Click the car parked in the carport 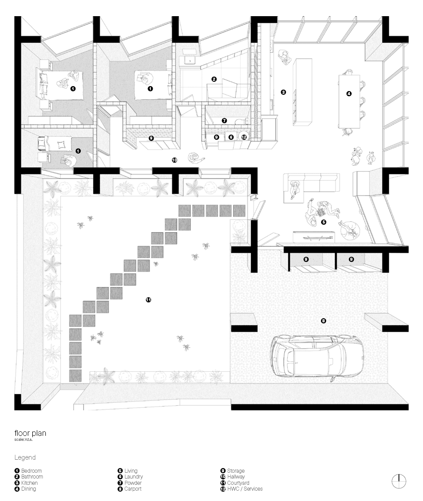[x=317, y=357]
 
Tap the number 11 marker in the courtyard [x=148, y=300]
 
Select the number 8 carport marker [x=323, y=321]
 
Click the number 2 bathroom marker [x=214, y=79]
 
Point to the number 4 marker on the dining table [x=349, y=94]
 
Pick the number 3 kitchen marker [x=283, y=92]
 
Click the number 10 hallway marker [x=174, y=160]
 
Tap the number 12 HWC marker [x=244, y=137]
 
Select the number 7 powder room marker [x=224, y=120]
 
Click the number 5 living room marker [x=324, y=222]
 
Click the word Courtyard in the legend [x=238, y=483]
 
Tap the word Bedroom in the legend [x=31, y=470]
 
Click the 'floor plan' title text [x=31, y=433]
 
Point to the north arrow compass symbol [x=399, y=482]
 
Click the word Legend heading [x=25, y=457]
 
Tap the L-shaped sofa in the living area [x=310, y=187]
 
